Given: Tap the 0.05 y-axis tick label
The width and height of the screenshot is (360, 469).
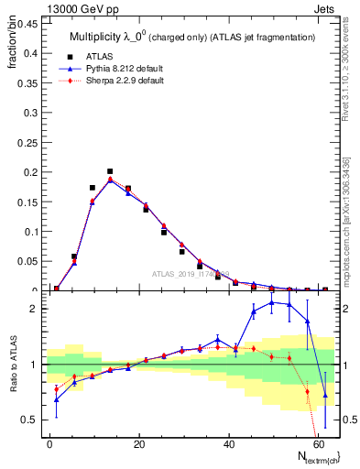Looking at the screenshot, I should [25, 261].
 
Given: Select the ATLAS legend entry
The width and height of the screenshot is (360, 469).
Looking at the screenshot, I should [111, 56].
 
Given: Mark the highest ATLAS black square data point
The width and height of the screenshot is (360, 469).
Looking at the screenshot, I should [110, 171].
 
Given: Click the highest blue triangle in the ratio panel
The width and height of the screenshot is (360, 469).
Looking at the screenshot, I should [271, 302].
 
